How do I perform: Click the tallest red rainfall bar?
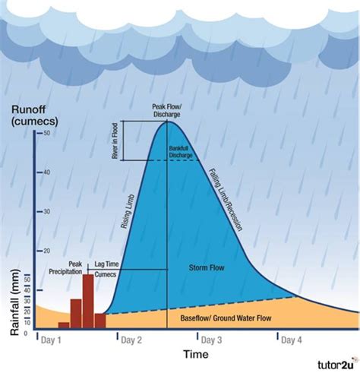(x=88, y=300)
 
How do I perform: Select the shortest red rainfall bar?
(x=64, y=324)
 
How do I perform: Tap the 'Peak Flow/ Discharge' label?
(x=166, y=111)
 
